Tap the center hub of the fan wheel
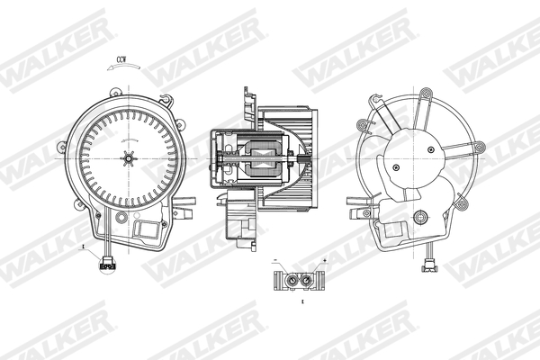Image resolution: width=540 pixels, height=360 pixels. pyautogui.click(x=129, y=160)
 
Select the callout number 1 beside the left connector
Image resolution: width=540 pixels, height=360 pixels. pyautogui.click(x=83, y=244)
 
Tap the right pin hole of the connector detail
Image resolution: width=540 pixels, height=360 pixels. pyautogui.click(x=309, y=280)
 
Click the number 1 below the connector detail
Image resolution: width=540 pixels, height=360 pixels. pyautogui.click(x=303, y=303)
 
